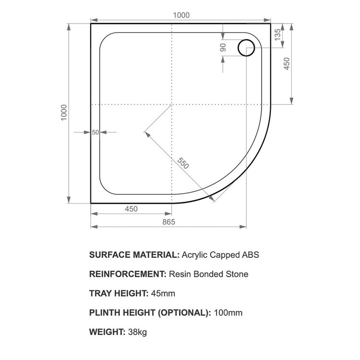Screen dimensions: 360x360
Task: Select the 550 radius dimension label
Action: click(x=182, y=163)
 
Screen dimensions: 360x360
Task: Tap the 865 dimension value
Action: click(x=168, y=222)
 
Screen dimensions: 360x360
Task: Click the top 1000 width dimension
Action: click(x=181, y=15)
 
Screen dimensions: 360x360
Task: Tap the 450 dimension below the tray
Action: click(x=131, y=209)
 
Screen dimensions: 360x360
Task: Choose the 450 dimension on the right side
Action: click(x=287, y=63)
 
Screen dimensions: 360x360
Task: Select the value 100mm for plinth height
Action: click(x=228, y=312)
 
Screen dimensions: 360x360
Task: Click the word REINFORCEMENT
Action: click(x=127, y=274)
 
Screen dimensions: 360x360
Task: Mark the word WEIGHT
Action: click(x=107, y=332)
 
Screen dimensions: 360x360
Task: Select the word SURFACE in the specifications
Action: click(x=108, y=255)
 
